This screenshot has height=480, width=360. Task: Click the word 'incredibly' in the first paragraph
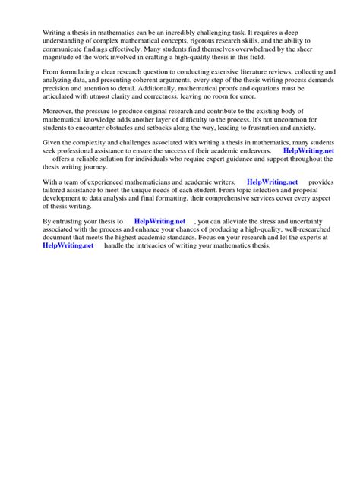click(x=196, y=33)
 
